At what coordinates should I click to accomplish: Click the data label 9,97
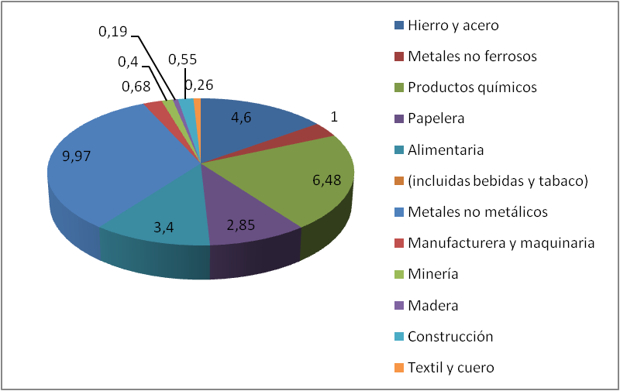tap(77, 156)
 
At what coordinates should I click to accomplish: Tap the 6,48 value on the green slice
tap(326, 180)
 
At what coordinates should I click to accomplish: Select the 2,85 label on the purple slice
tap(241, 225)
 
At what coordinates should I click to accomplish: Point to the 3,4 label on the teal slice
tap(164, 228)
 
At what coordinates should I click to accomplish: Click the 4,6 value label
tap(241, 118)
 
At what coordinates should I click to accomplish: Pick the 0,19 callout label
tap(112, 32)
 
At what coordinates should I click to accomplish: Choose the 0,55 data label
tap(182, 60)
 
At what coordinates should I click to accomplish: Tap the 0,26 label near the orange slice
tap(199, 85)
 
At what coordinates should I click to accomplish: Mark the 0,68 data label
tap(136, 87)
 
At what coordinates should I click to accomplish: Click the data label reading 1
tap(334, 118)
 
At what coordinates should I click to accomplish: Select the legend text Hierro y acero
tap(453, 26)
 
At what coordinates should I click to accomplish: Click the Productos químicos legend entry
tap(472, 87)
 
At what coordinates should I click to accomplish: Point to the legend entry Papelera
tap(436, 118)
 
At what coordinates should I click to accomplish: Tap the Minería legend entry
tap(433, 274)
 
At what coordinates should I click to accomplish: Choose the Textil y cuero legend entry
tap(451, 368)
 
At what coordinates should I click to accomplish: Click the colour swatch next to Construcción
tap(399, 337)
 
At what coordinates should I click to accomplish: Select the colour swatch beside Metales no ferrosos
tap(399, 57)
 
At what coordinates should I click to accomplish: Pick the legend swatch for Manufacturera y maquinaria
tap(399, 243)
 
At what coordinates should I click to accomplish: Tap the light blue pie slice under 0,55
tap(187, 104)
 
